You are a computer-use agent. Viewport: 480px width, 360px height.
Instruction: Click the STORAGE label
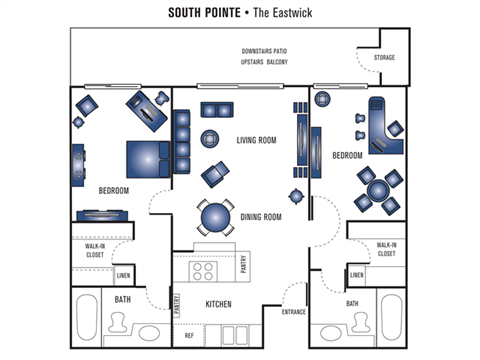tap(384, 58)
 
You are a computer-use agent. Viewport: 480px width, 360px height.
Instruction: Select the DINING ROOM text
tap(260, 216)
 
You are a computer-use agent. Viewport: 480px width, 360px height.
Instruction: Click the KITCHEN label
tap(218, 303)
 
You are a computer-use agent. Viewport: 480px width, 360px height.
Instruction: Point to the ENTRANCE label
tap(294, 311)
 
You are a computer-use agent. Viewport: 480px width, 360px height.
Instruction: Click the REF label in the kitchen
tap(189, 336)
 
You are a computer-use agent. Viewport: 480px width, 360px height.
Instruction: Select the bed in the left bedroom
tap(146, 158)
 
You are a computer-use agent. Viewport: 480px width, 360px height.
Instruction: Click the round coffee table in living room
tap(212, 138)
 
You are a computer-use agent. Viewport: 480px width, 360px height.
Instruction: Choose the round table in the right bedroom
tap(379, 189)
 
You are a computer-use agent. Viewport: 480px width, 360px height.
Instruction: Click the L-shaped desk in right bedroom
tap(382, 123)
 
